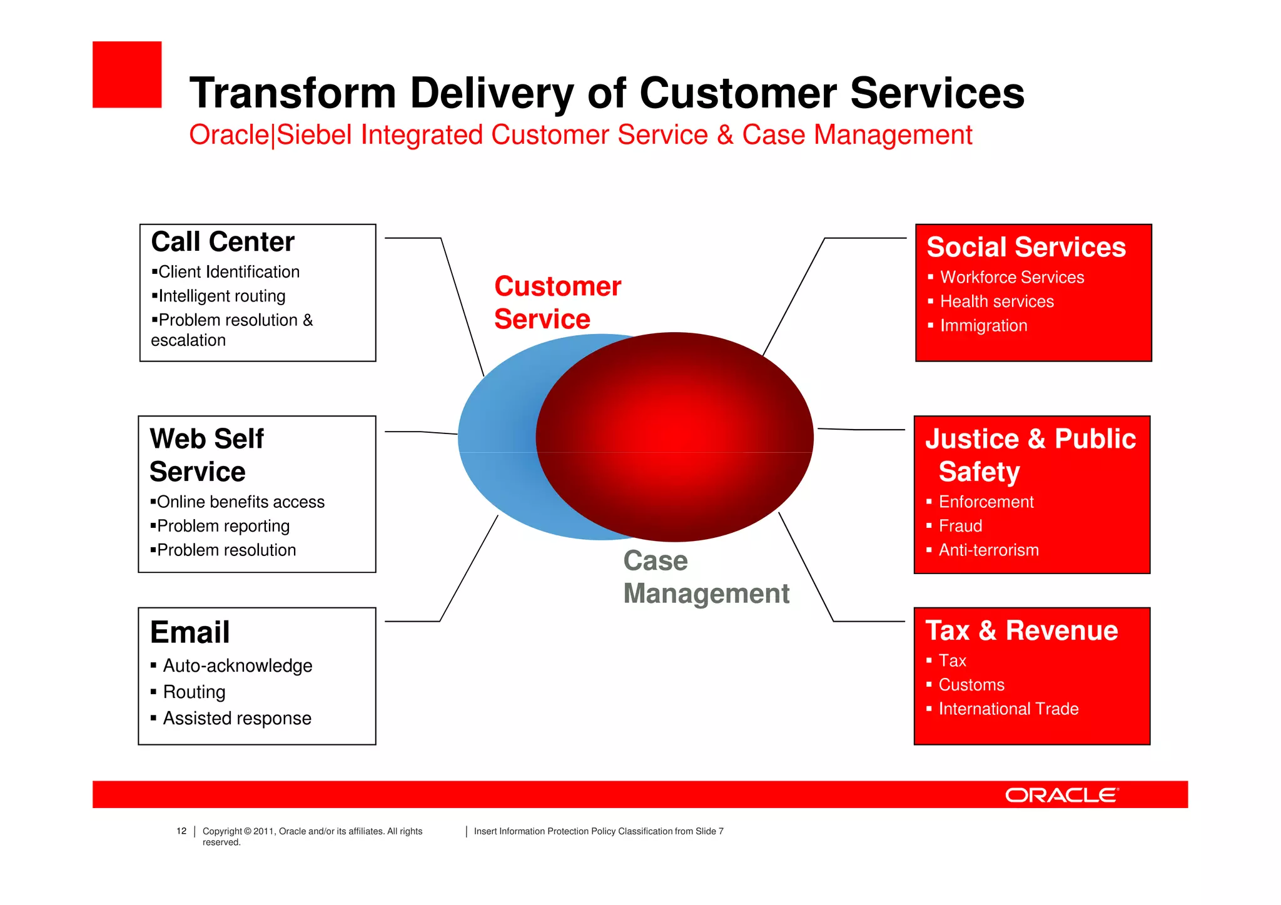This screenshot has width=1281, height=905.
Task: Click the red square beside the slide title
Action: point(127,74)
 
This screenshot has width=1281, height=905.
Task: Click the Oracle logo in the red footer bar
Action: point(1061,795)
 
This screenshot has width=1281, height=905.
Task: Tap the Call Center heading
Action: point(223,242)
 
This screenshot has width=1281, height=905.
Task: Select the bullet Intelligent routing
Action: point(221,296)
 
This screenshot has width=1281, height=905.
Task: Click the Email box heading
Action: point(190,632)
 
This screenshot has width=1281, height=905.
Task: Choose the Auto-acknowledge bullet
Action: point(237,665)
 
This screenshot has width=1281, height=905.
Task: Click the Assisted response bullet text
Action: point(237,718)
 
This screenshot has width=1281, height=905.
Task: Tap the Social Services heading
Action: point(1026,247)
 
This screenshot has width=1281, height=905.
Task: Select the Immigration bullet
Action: point(983,326)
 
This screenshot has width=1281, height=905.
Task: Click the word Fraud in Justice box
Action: point(960,526)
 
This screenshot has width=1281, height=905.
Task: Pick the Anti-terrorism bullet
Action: point(988,550)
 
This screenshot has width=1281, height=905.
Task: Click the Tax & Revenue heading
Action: point(1021,630)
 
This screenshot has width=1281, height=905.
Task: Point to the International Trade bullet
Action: point(1008,709)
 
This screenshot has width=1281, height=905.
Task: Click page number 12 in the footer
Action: point(181,831)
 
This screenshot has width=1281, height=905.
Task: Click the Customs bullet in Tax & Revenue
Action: point(971,685)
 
